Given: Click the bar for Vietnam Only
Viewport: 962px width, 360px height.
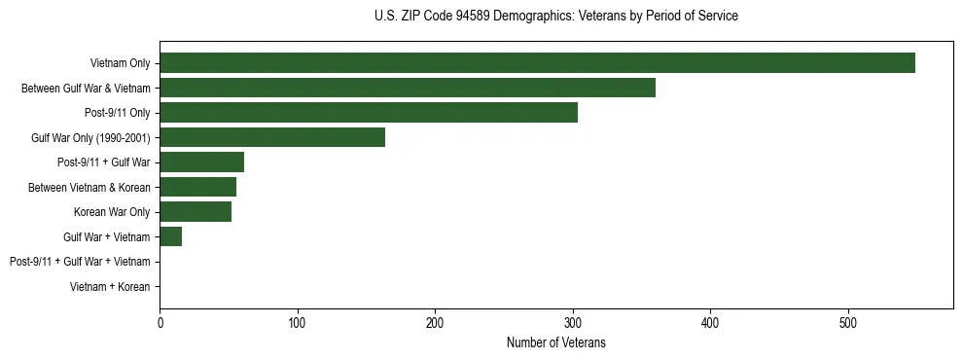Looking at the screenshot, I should point(537,63).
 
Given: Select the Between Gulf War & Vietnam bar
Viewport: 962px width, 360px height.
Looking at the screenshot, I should point(408,88).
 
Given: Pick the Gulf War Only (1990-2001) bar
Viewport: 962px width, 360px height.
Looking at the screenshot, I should point(272,137).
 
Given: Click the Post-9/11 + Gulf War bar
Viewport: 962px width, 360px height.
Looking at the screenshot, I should point(201,162).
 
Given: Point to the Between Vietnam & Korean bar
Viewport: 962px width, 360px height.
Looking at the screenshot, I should point(197,187).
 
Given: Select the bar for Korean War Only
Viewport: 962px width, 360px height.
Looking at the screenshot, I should point(196,212).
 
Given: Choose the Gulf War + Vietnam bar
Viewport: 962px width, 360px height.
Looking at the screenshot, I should point(171,236).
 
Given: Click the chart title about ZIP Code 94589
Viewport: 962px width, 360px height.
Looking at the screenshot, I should point(555,17).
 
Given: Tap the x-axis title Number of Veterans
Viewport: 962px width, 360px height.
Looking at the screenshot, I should point(555,342).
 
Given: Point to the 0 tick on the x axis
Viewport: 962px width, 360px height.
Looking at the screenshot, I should point(160,322).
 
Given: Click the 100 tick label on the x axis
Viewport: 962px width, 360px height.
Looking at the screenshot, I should point(298,322).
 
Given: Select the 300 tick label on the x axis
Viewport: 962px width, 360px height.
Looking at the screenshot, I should point(573,322).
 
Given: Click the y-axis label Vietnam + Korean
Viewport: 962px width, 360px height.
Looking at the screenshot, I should point(110,287).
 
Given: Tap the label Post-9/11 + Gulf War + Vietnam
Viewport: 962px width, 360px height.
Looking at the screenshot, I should point(80,262).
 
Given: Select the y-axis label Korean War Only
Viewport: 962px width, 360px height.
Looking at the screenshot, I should point(112,212).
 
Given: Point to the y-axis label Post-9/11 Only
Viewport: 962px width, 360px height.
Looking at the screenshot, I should point(117,113).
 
